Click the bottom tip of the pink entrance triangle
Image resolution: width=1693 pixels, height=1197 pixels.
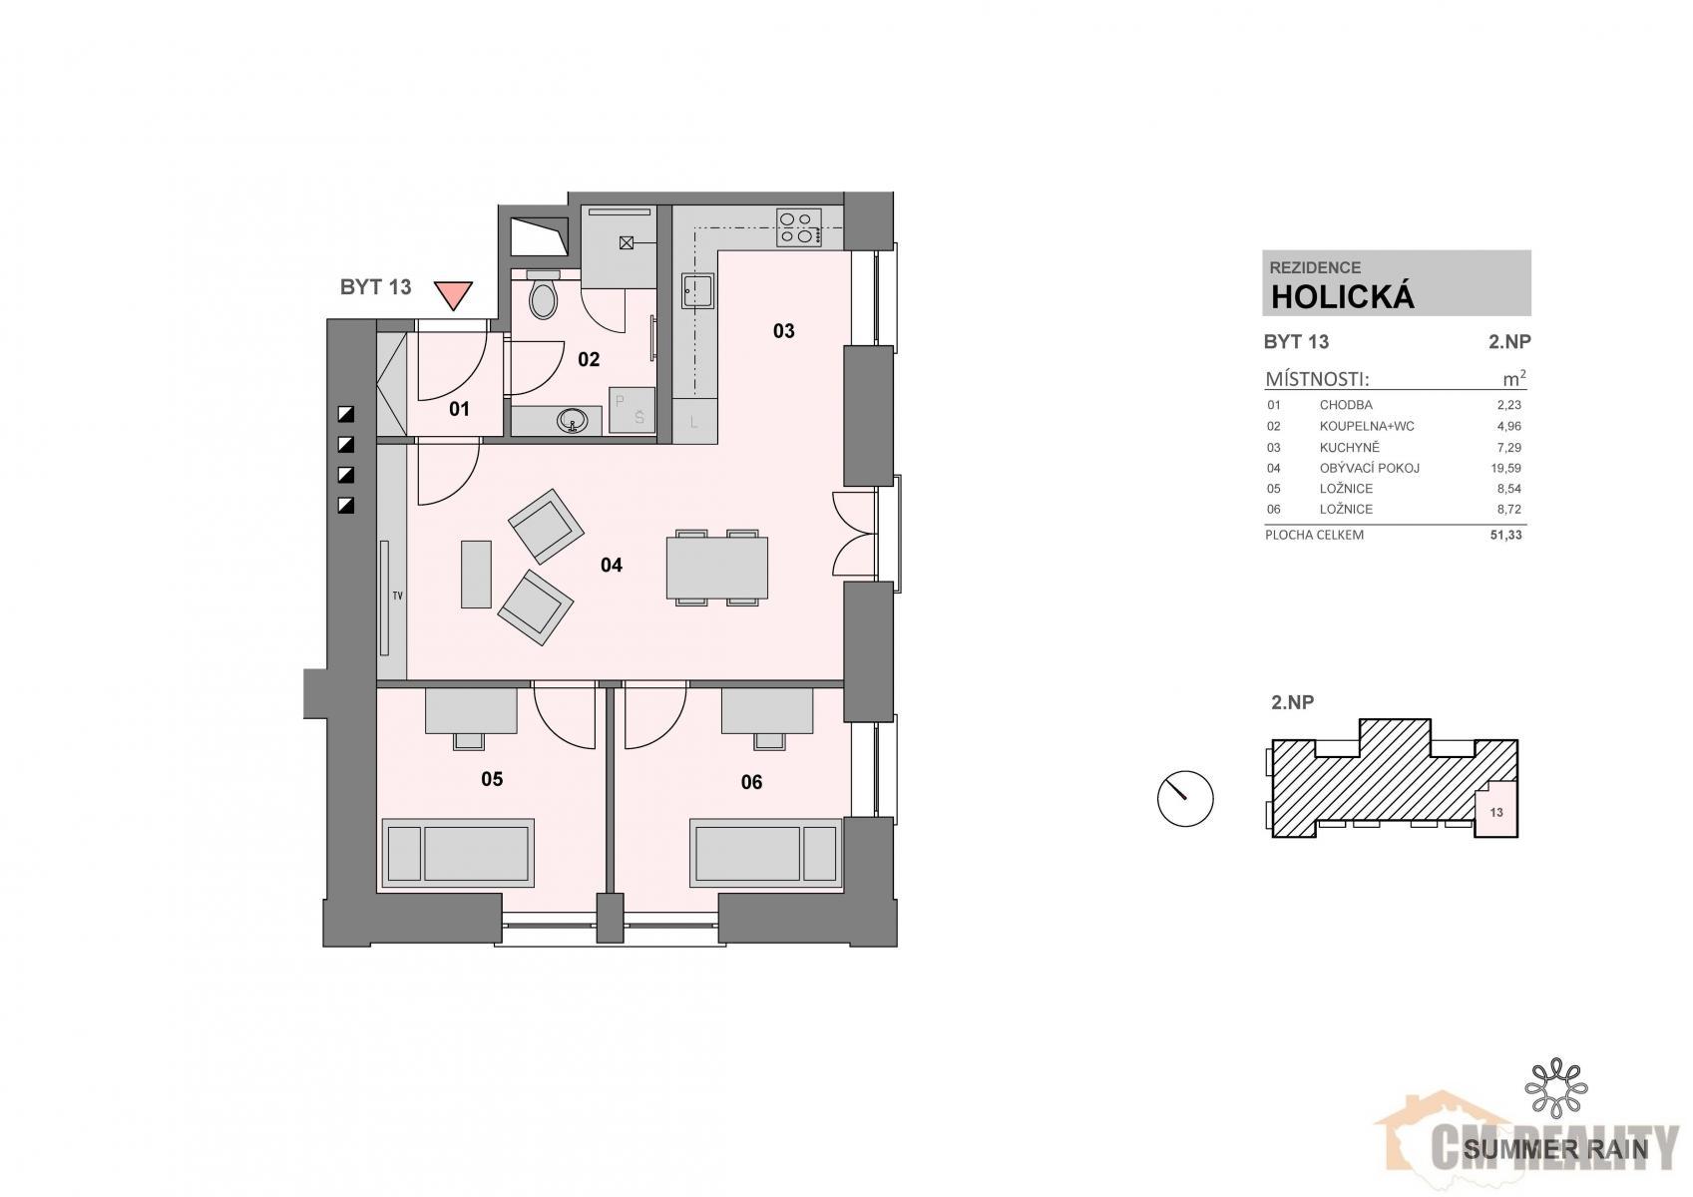point(453,310)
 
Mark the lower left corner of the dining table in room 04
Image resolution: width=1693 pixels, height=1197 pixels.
point(666,598)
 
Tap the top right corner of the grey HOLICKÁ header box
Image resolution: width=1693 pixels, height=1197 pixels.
point(1531,251)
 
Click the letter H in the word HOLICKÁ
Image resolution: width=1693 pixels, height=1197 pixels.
point(1283,297)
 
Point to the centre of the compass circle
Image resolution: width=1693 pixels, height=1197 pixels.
point(1185,799)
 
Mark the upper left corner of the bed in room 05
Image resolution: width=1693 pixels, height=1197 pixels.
point(382,819)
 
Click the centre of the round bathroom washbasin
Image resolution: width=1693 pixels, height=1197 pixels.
point(572,420)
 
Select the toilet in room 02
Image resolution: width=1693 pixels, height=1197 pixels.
point(543,295)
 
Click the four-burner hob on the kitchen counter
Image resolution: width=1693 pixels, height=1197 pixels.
point(799,227)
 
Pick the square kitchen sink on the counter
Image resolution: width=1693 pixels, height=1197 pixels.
point(696,291)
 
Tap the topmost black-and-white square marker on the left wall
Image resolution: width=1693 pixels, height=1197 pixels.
point(346,414)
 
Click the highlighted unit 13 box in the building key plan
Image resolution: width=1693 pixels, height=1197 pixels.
point(1496,812)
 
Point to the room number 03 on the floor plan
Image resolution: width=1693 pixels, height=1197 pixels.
point(784,330)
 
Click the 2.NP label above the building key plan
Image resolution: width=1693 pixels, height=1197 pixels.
point(1292,702)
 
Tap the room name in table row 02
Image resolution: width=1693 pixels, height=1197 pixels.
point(1367,426)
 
